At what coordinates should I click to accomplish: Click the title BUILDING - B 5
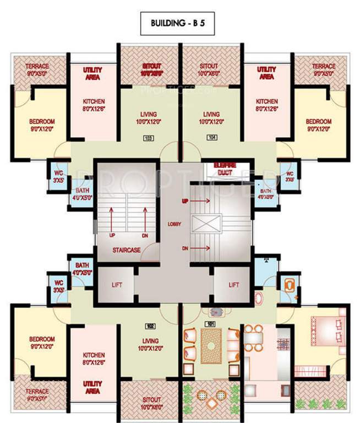tap(181, 23)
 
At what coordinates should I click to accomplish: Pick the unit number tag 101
tap(210, 324)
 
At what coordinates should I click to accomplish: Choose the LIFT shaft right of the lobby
tap(234, 285)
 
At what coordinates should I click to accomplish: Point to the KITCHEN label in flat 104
tap(266, 105)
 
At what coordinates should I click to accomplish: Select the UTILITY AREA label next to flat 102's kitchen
tap(92, 386)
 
